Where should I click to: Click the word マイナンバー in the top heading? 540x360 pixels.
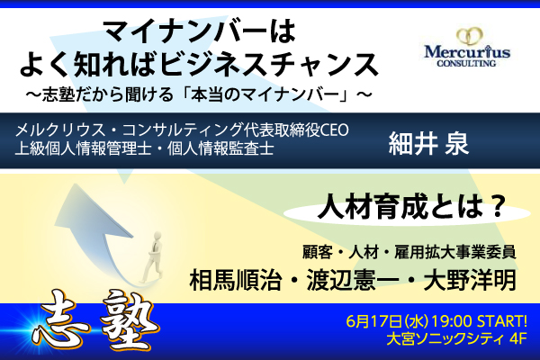tap(186, 31)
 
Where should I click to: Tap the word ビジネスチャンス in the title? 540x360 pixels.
tap(268, 65)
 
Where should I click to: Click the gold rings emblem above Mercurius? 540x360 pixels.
tap(470, 37)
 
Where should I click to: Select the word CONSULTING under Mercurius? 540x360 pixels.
tap(466, 63)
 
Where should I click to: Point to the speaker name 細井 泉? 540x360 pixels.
tap(428, 143)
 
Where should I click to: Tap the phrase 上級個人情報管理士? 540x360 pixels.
tap(84, 148)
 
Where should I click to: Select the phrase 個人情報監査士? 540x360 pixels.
tap(221, 148)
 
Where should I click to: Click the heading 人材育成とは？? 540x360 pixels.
tap(412, 206)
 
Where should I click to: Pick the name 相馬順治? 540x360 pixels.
tap(236, 279)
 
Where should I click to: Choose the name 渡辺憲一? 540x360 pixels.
tap(353, 279)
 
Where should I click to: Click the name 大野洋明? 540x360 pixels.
tap(470, 279)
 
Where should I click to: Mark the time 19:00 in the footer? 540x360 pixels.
tap(452, 322)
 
